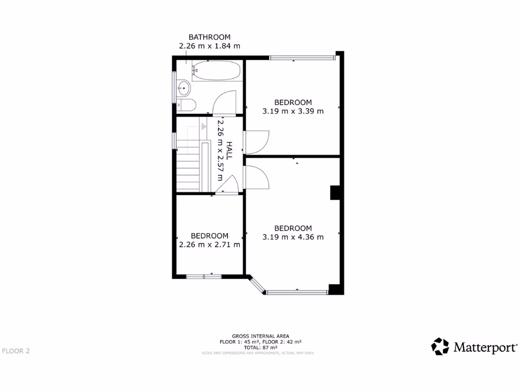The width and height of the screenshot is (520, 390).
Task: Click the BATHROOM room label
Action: click(209, 37)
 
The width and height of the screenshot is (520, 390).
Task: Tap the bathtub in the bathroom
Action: click(217, 71)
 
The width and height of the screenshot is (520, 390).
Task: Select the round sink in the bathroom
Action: click(183, 89)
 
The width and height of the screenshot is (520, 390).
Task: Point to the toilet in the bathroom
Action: click(186, 105)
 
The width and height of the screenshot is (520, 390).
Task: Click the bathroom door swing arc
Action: click(223, 102)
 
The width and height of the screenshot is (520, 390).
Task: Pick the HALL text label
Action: click(229, 150)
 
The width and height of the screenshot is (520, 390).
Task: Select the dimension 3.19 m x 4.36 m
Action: click(293, 237)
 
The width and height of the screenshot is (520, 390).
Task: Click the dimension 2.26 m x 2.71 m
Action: click(209, 244)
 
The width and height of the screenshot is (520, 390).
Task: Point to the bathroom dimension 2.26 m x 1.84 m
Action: click(209, 46)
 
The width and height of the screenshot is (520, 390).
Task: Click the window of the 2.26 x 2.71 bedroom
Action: click(204, 276)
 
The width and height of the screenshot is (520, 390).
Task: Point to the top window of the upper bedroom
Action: click(302, 57)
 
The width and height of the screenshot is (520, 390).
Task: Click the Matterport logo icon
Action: click(440, 347)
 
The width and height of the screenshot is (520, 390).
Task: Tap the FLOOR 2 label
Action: click(16, 351)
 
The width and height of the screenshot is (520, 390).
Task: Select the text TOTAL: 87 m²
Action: click(260, 347)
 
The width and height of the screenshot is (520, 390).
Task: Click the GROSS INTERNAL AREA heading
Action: click(261, 336)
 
